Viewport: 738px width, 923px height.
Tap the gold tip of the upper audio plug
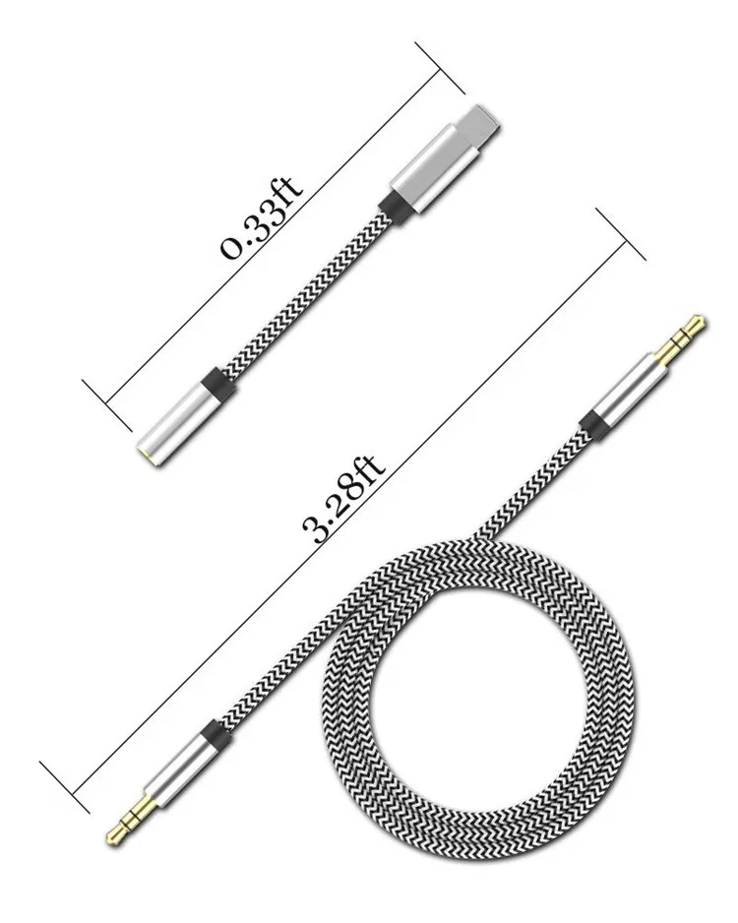pos(689,329)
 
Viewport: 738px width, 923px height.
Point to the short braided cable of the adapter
pos(305,295)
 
